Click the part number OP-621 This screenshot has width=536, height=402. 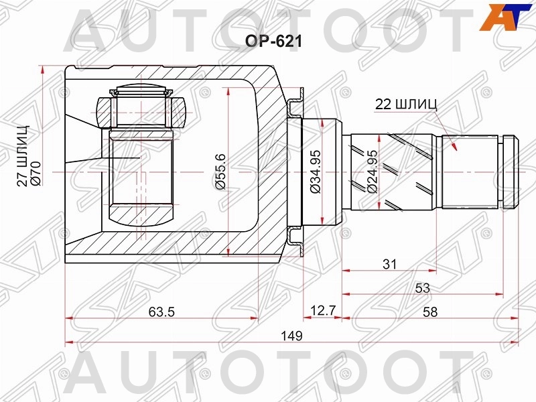click(x=273, y=42)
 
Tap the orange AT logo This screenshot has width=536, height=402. click(x=507, y=17)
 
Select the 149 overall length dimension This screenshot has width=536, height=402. click(x=291, y=336)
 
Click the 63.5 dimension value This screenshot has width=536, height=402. click(x=161, y=312)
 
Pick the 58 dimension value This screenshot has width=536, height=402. click(x=430, y=312)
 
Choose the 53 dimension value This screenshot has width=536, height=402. click(x=423, y=288)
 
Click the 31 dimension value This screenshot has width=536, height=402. click(x=390, y=264)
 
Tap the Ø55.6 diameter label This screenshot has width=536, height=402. click(x=220, y=172)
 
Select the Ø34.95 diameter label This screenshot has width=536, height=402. click(x=315, y=172)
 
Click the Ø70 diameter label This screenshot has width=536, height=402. click(x=36, y=174)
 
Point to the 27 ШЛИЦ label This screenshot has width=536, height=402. click(x=23, y=156)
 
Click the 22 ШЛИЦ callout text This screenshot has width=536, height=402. click(x=406, y=104)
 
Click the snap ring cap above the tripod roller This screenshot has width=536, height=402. click(x=141, y=91)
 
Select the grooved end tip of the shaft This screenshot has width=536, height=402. click(x=511, y=172)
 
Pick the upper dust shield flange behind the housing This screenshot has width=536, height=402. click(x=295, y=102)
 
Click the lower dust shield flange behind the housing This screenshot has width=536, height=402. click(x=295, y=241)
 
